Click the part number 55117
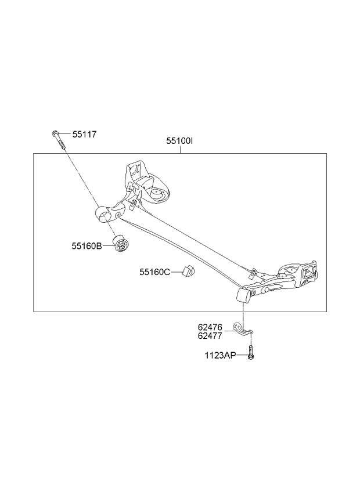click(x=84, y=134)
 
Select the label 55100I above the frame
click(x=179, y=141)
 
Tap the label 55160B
click(x=87, y=246)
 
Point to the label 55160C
click(x=154, y=272)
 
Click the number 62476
click(x=210, y=327)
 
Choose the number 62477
click(x=210, y=336)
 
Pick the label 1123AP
click(x=220, y=356)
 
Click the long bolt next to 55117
click(x=59, y=140)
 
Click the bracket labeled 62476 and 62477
click(x=242, y=328)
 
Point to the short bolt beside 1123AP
click(x=250, y=352)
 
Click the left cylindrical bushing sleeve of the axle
click(x=103, y=214)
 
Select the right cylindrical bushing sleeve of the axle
click(x=243, y=295)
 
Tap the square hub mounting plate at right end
click(x=309, y=270)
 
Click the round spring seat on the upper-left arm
click(x=157, y=194)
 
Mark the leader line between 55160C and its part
click(x=176, y=272)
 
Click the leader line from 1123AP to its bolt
click(x=242, y=356)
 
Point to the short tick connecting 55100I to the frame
click(x=181, y=149)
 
